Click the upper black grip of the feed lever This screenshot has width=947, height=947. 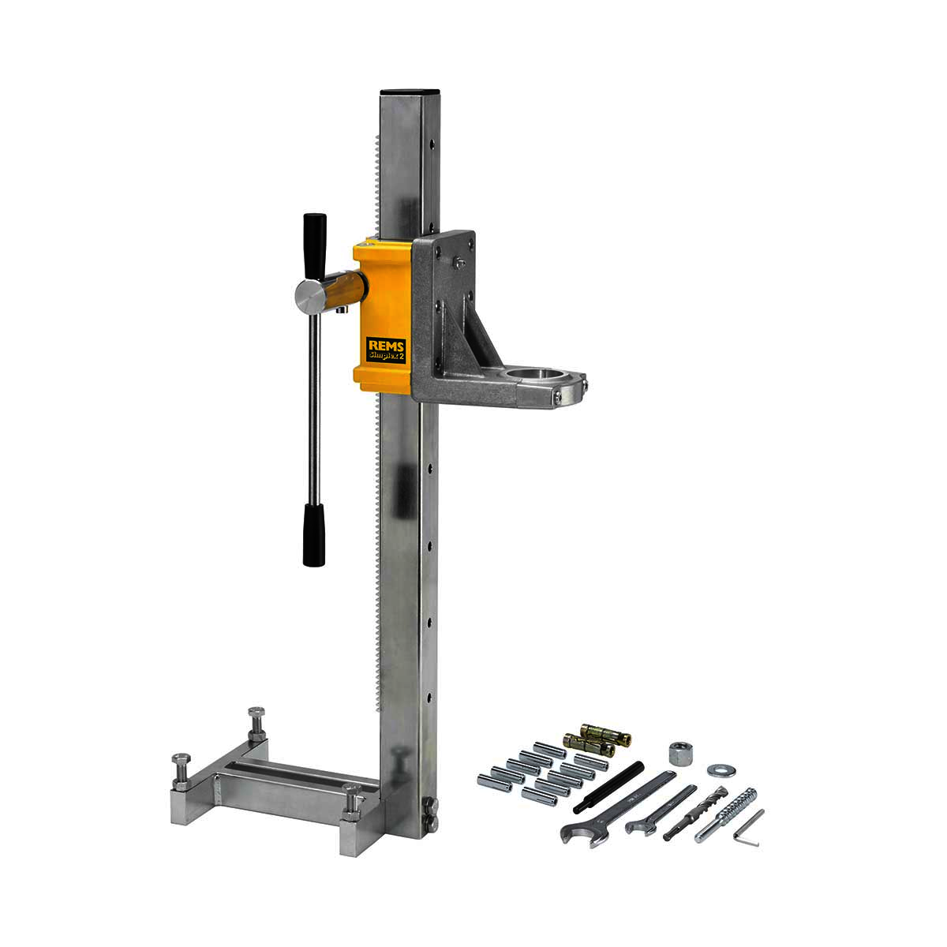(x=315, y=247)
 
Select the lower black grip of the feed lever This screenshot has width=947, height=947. (x=313, y=534)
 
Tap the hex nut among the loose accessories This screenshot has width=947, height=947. (x=680, y=752)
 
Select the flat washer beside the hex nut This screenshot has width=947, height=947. (x=721, y=770)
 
